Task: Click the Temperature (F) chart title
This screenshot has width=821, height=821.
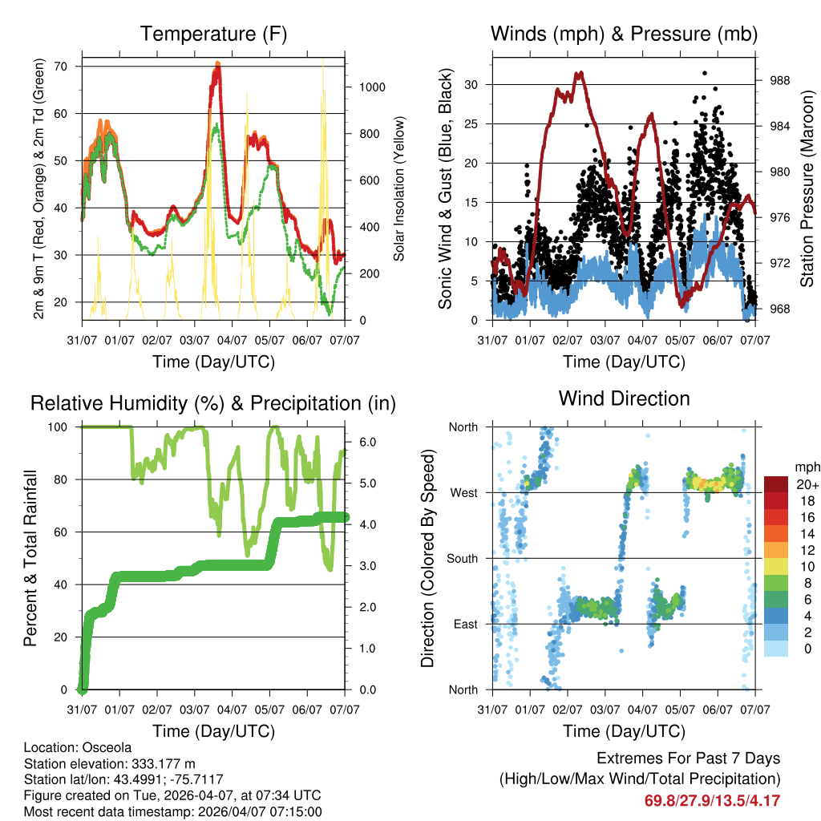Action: [x=213, y=34]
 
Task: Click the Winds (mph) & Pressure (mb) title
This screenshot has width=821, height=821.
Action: [x=624, y=34]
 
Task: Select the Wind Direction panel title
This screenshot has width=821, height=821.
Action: [x=624, y=398]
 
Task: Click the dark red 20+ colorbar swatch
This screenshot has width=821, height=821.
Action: [x=777, y=484]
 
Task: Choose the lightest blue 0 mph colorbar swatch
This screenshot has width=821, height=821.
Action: [x=777, y=649]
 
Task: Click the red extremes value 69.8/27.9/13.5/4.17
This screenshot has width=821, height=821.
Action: [x=712, y=800]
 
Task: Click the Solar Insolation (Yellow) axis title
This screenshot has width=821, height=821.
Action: [x=399, y=188]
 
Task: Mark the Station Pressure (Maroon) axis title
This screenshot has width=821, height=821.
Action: [x=807, y=189]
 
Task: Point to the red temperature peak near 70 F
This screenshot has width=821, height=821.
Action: [x=216, y=69]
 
